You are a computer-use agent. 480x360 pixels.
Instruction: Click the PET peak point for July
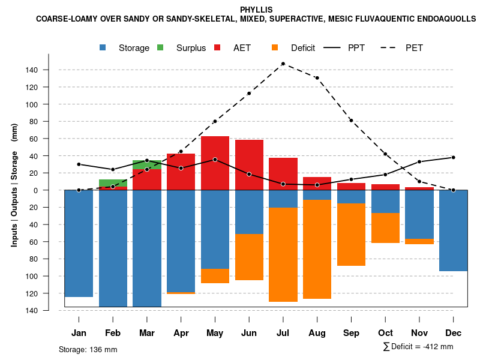click(283, 64)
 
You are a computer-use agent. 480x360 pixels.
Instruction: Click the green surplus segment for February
click(113, 183)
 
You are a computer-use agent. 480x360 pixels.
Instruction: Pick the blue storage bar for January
click(79, 243)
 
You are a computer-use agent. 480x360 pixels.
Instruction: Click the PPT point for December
click(453, 157)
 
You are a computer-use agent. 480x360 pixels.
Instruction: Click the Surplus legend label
click(191, 48)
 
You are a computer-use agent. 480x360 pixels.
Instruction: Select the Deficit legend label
click(303, 48)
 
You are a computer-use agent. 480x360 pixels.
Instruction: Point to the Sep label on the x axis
click(351, 333)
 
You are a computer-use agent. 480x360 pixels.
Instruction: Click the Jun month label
click(249, 333)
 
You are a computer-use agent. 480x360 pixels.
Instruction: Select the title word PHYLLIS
click(256, 10)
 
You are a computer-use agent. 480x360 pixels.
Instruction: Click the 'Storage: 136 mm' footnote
click(88, 349)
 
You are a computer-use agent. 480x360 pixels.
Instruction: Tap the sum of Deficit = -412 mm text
click(418, 347)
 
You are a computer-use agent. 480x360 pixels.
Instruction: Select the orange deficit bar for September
click(351, 234)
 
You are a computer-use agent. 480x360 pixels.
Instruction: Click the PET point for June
click(249, 93)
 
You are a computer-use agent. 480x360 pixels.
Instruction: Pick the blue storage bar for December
click(453, 231)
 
